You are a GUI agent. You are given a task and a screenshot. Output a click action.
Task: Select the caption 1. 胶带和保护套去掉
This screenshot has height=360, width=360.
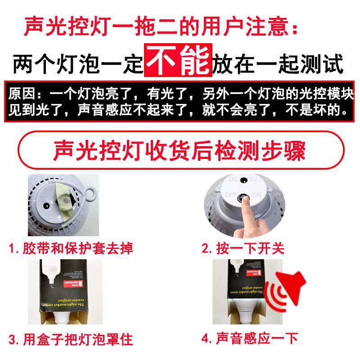(72, 248)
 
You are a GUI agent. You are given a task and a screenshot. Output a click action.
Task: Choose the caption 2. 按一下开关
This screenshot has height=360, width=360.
(243, 248)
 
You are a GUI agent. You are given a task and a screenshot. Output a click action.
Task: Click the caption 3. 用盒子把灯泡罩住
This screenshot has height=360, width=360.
(72, 338)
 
